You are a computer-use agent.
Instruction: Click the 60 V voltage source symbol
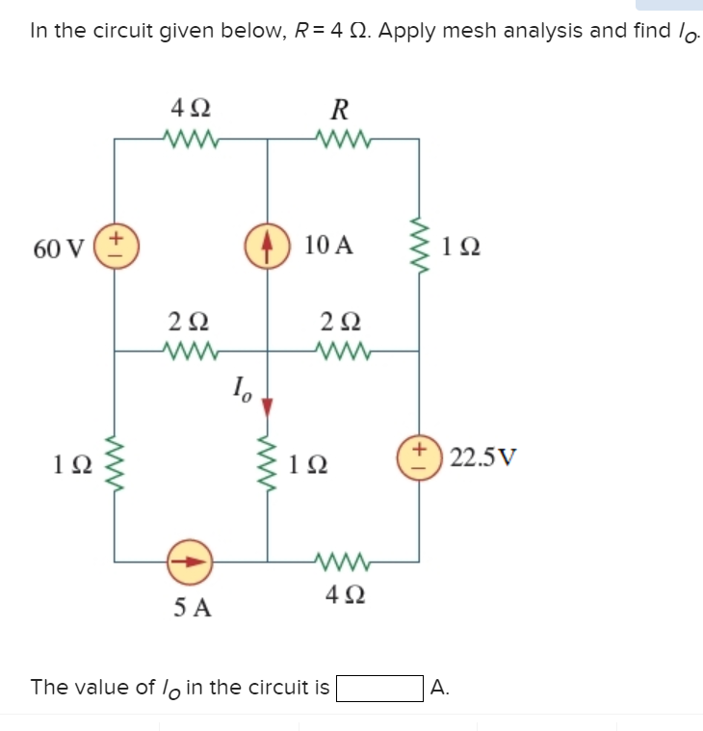pyautogui.click(x=117, y=246)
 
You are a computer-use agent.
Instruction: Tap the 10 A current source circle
pyautogui.click(x=268, y=245)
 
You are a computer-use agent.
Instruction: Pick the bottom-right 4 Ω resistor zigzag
pyautogui.click(x=343, y=559)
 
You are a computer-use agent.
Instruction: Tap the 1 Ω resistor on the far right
pyautogui.click(x=419, y=246)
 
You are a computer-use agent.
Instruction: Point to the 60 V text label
pyautogui.click(x=59, y=248)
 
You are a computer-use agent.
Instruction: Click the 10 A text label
pyautogui.click(x=327, y=246)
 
